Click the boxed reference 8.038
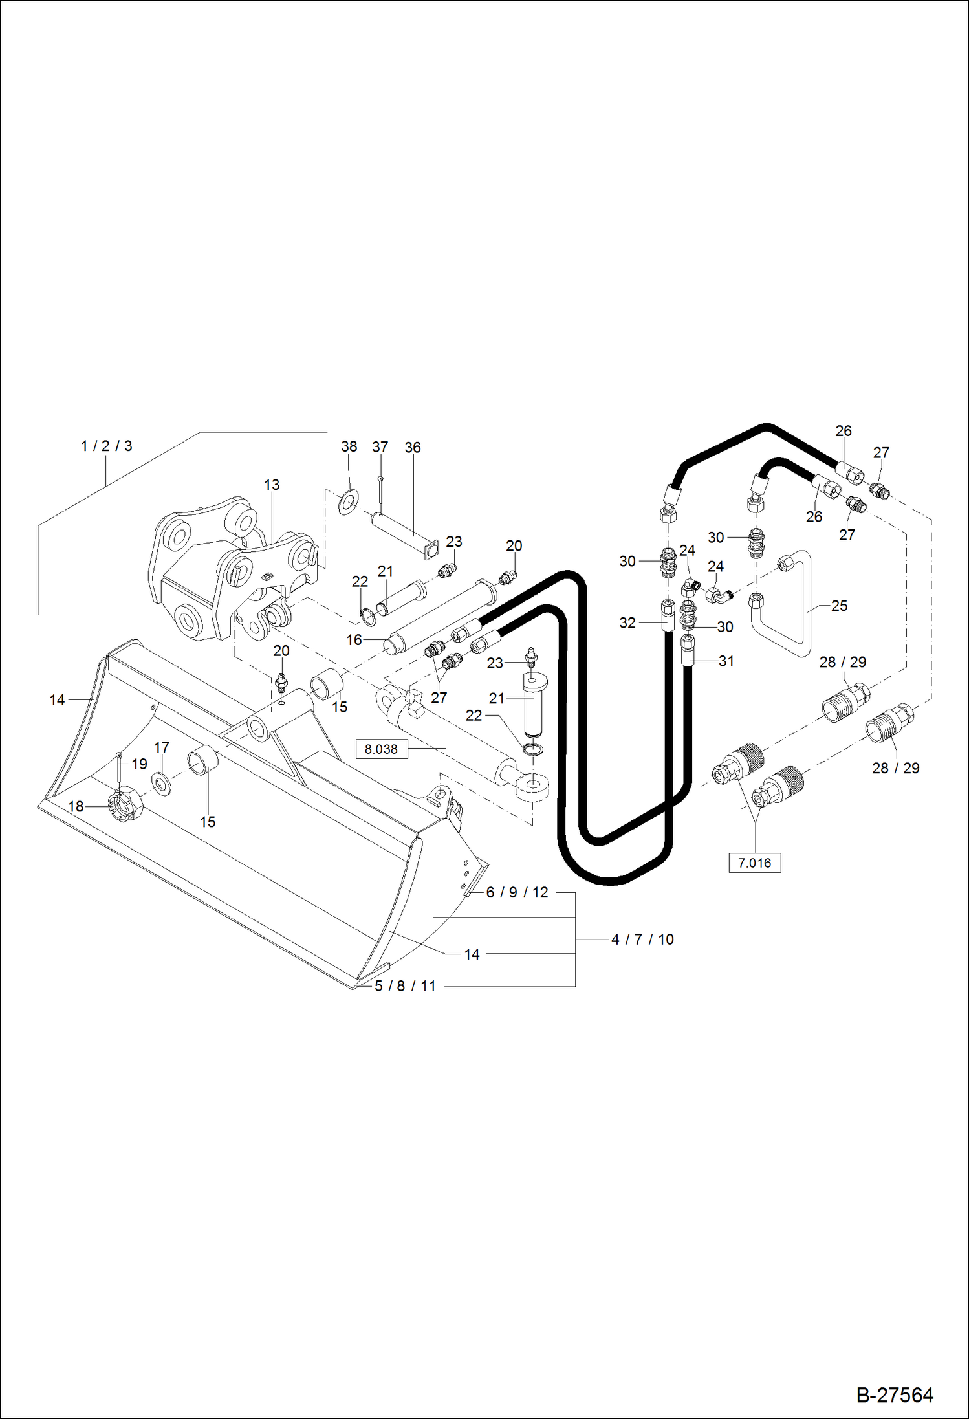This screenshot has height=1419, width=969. (381, 749)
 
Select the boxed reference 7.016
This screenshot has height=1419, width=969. (754, 863)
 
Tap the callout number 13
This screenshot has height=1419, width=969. (272, 485)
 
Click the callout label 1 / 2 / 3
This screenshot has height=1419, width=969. (106, 446)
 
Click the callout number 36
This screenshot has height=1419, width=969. (413, 447)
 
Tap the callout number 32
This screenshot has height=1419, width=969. (627, 622)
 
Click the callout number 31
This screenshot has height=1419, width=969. (726, 661)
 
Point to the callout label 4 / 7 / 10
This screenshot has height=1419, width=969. (642, 939)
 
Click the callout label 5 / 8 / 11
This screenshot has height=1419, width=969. (406, 986)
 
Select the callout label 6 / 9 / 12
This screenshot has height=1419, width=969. (517, 892)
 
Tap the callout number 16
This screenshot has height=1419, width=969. (354, 640)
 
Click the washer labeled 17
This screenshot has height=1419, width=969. (162, 783)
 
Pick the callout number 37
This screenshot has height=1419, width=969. (380, 447)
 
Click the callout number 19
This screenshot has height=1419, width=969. (139, 764)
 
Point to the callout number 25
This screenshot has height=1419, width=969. (839, 606)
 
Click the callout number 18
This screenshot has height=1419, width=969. (76, 806)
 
